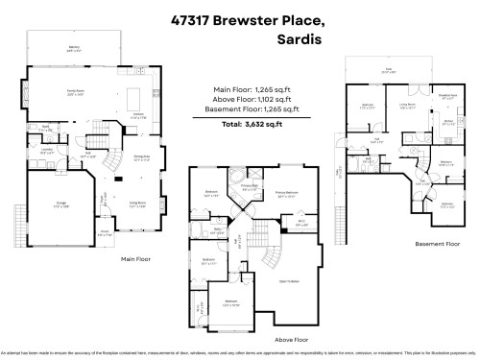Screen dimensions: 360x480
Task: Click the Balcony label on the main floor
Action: coord(73,46)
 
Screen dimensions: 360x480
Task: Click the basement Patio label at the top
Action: coord(388,70)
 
